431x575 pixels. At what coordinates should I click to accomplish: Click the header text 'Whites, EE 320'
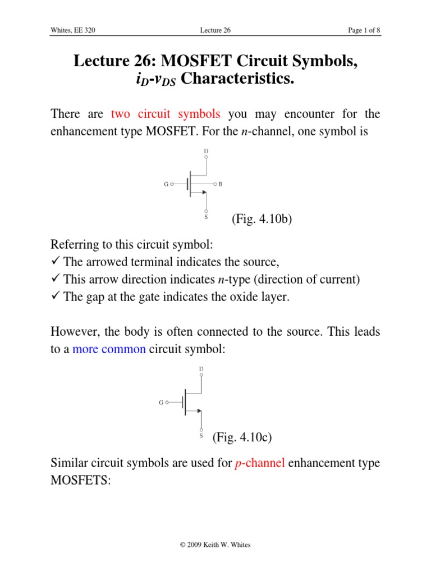[x=72, y=30]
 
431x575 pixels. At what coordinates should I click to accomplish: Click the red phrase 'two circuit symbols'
[x=166, y=115]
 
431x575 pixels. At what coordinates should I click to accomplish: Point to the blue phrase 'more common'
[x=109, y=349]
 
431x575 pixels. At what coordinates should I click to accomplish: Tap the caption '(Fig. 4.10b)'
[x=261, y=220]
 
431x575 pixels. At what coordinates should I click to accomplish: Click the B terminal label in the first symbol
[x=221, y=184]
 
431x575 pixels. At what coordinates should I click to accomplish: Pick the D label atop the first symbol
[x=207, y=150]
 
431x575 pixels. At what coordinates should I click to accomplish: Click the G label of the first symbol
[x=167, y=184]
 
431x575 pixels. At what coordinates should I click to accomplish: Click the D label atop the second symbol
[x=201, y=369]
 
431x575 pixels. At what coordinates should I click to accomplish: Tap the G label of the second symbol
[x=162, y=402]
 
